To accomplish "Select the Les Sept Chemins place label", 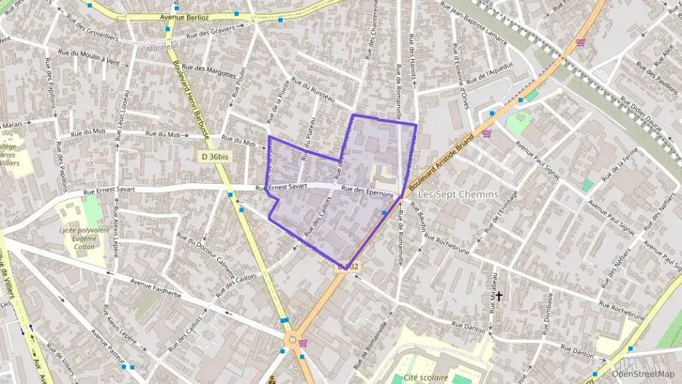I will click(458, 195).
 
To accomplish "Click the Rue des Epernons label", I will click(368, 192).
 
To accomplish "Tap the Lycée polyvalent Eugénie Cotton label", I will click(84, 238).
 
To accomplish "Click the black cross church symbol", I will click(499, 296).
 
